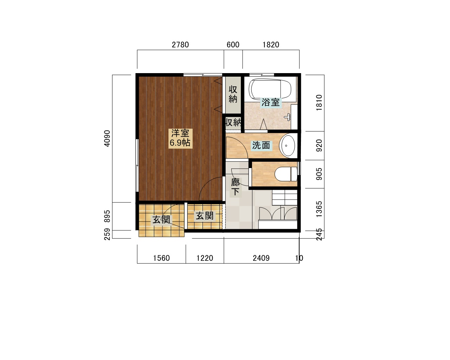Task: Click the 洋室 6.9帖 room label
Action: [180, 138]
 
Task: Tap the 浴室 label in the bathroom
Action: [271, 102]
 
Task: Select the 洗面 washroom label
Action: [261, 146]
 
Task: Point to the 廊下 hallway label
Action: [236, 187]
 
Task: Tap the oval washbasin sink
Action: [288, 146]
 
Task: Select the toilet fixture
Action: [285, 174]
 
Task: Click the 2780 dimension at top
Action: [180, 45]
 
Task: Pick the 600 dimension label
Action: [233, 45]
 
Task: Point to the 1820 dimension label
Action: [271, 45]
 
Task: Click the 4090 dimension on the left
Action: [107, 139]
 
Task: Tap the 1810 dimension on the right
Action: [319, 103]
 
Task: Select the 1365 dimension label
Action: [319, 209]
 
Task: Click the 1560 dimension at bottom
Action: [161, 258]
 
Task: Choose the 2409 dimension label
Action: [261, 258]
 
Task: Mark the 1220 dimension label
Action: [205, 258]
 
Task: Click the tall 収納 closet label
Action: [233, 94]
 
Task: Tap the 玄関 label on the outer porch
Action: [161, 220]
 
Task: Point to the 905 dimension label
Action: [319, 174]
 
